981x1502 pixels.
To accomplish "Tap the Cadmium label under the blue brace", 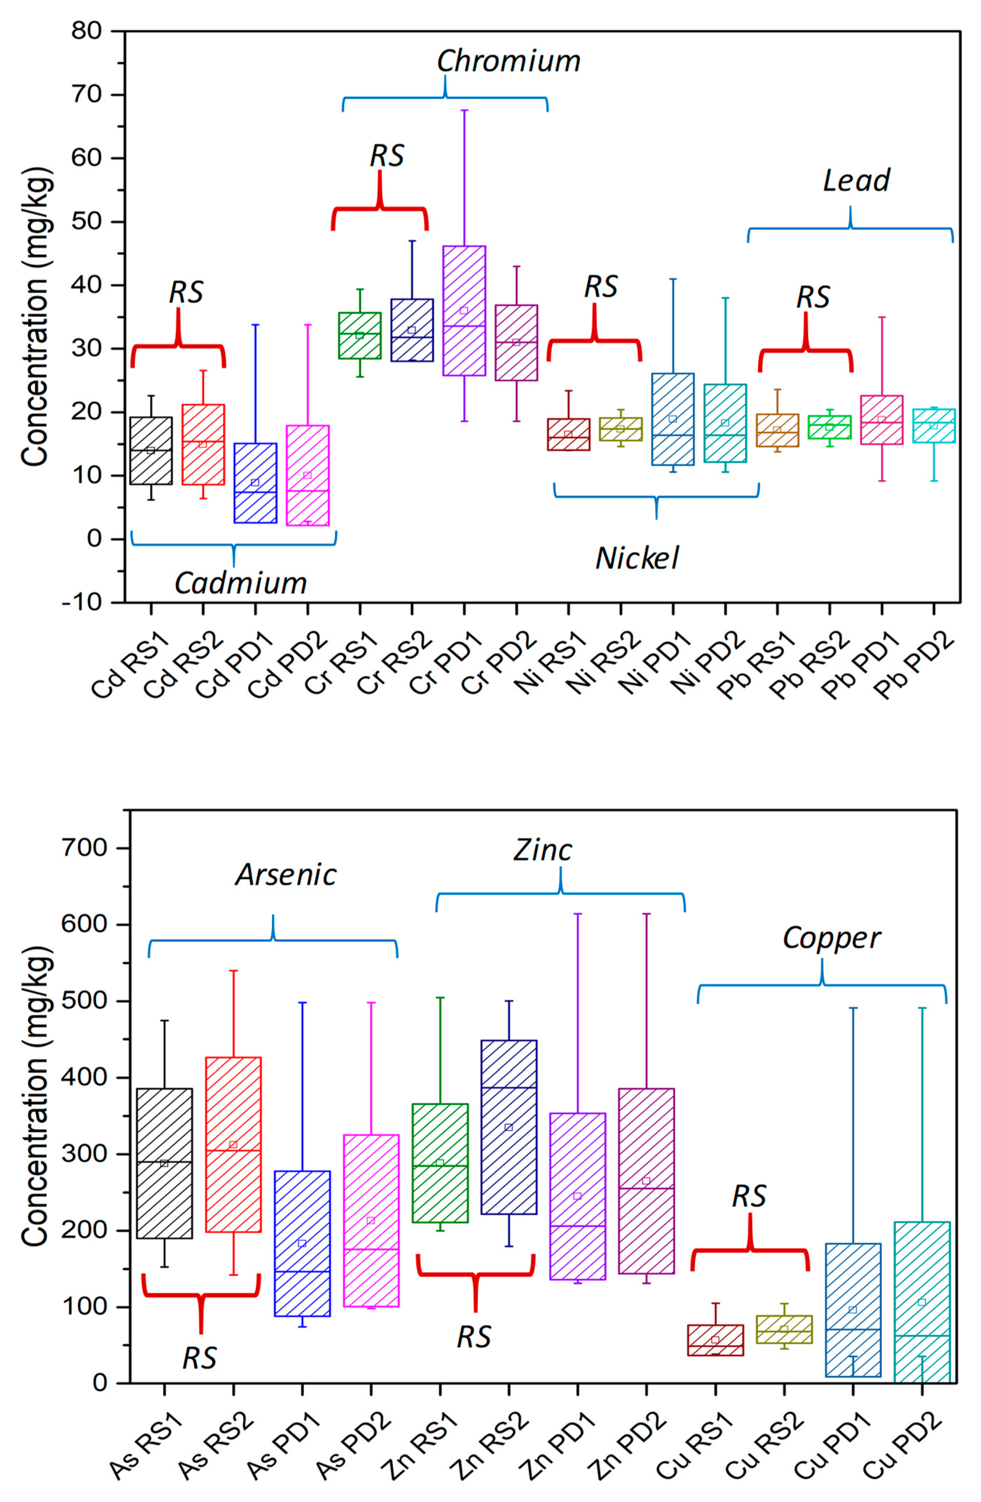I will (240, 583).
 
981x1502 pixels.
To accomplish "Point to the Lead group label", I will (856, 180).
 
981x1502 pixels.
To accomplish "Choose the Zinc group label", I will (542, 850).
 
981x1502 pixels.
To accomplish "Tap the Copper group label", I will (831, 938).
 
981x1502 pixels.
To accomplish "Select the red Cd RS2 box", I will (203, 444).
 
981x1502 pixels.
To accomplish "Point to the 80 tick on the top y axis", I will (86, 31).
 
